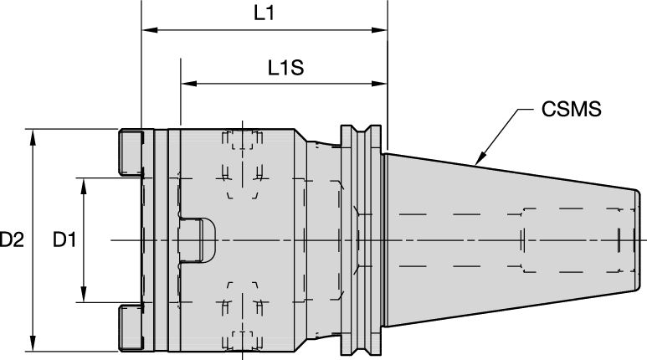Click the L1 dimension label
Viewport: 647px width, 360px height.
(264, 14)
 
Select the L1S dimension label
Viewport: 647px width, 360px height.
(285, 68)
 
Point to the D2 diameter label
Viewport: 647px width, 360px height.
(11, 241)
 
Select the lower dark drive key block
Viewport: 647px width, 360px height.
(131, 329)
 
